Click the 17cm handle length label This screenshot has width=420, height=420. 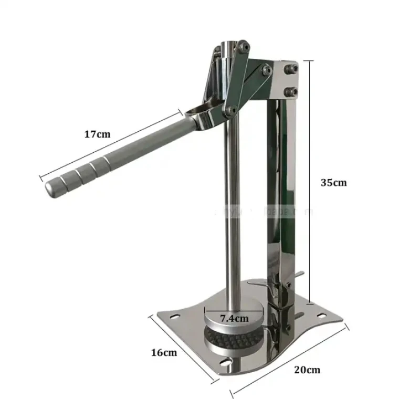click(x=97, y=134)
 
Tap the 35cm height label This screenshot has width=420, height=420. click(x=334, y=183)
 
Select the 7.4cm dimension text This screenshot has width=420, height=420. click(x=234, y=317)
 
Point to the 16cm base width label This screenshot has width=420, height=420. click(x=164, y=352)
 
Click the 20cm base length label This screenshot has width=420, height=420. click(x=307, y=370)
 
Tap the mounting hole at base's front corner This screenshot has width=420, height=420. click(x=227, y=362)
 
